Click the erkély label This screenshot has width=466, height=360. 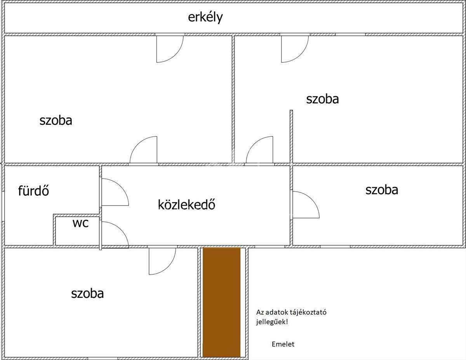205,17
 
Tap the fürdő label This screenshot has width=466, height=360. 33,191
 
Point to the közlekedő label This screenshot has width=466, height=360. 186,204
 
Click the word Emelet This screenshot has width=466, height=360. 283,344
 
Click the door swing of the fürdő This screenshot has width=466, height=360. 114,192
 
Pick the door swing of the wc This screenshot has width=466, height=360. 114,234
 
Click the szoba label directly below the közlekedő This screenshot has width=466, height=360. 87,293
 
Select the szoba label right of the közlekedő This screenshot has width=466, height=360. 381,190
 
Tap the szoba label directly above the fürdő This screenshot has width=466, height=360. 56,120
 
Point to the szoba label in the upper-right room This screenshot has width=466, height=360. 322,99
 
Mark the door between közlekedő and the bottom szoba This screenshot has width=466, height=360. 162,260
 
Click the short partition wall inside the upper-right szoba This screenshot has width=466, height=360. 291,137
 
